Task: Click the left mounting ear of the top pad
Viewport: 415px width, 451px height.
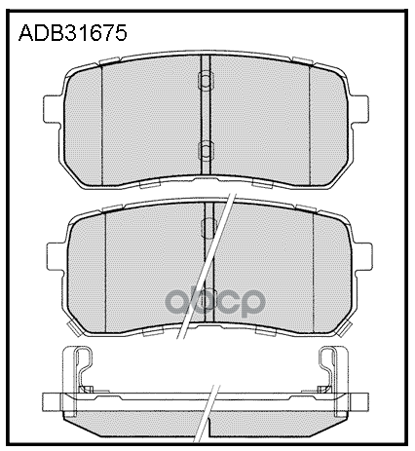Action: (x=54, y=104)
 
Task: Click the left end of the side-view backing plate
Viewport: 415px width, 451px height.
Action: (x=49, y=401)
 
